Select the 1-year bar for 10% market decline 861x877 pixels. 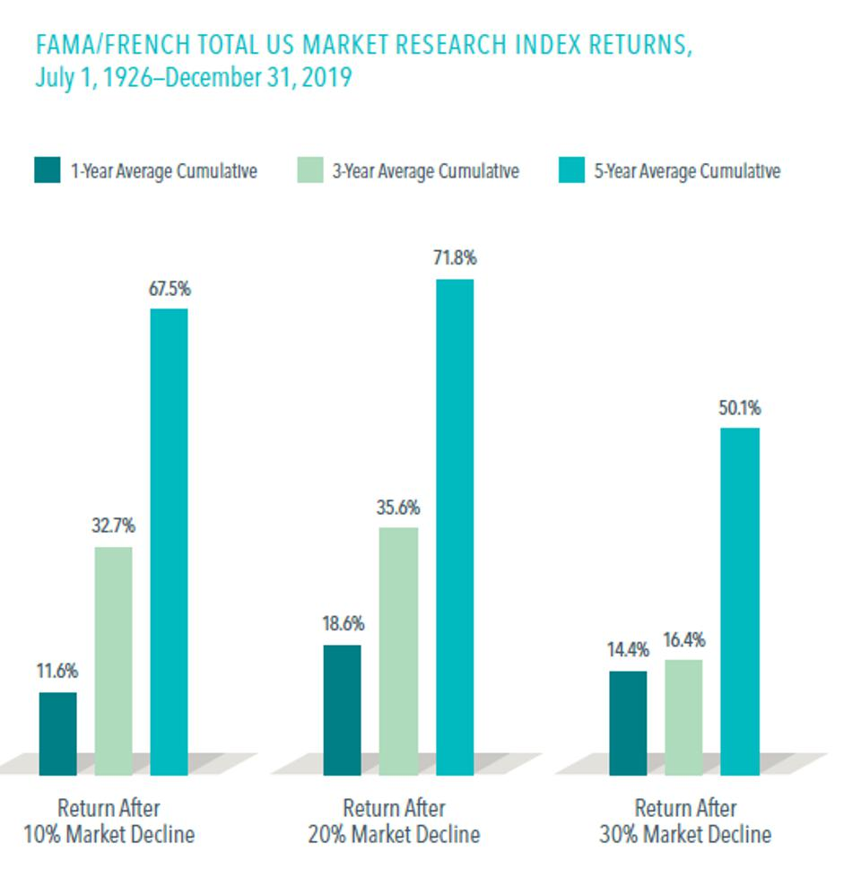coord(57,733)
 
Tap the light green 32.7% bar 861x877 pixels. coord(113,660)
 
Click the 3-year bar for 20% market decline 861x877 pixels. coord(398,650)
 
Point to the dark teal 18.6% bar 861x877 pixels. coord(342,708)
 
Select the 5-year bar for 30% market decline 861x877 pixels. coord(740,601)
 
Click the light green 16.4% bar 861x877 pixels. coord(683,716)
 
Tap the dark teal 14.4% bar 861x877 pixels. coord(627,722)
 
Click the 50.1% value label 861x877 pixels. coord(739,409)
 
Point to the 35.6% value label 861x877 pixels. coord(398,508)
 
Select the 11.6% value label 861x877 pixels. coord(57,672)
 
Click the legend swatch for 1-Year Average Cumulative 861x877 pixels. coord(48,170)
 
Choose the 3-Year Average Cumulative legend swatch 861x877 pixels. coord(309,170)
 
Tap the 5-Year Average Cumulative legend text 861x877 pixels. coord(687,170)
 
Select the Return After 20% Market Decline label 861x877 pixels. coord(395,821)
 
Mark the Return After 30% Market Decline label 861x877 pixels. coord(685,821)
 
